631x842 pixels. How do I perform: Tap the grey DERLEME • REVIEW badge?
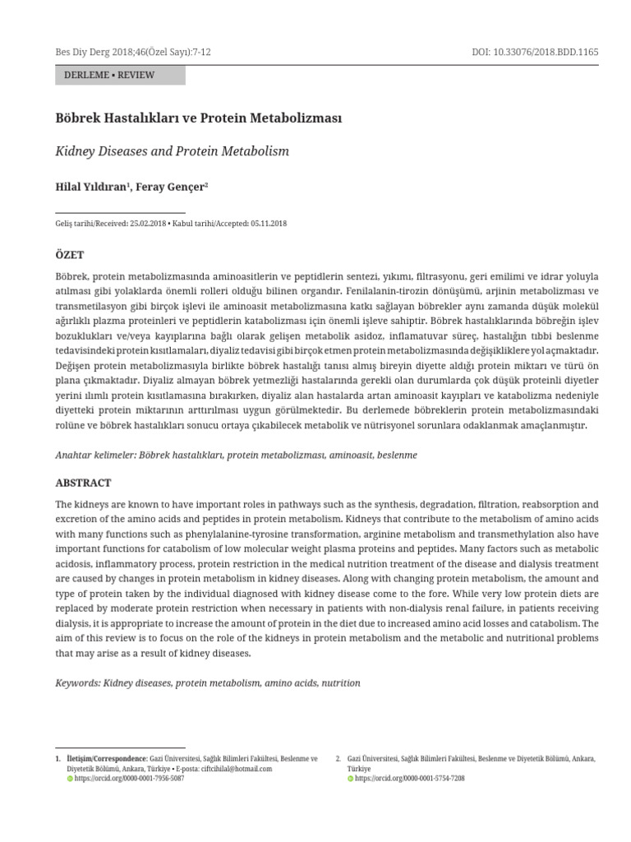120,76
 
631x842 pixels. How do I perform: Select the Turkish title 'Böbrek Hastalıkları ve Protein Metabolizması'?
198,118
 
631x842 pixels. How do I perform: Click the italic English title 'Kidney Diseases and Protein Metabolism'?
172,151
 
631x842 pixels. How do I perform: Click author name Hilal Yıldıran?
90,187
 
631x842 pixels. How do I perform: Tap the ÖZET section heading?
69,255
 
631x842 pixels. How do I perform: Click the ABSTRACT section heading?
83,483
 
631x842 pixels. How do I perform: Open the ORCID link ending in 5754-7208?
409,778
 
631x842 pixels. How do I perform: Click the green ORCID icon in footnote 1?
70,778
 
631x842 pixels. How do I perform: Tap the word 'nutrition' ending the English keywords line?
341,683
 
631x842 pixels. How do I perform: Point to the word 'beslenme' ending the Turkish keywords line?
397,455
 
